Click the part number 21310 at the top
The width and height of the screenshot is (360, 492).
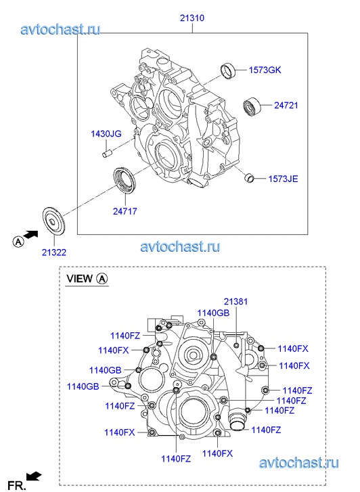coord(192,18)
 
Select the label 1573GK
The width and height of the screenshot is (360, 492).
coord(265,70)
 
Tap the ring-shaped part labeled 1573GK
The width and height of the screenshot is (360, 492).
coord(228,71)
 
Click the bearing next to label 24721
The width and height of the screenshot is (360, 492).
coord(252,106)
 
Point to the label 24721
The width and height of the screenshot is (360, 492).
coord(286,105)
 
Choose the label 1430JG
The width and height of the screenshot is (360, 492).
coord(106,134)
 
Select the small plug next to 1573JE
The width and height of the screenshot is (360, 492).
coord(249,178)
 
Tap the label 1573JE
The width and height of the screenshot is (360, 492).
coord(283,179)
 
